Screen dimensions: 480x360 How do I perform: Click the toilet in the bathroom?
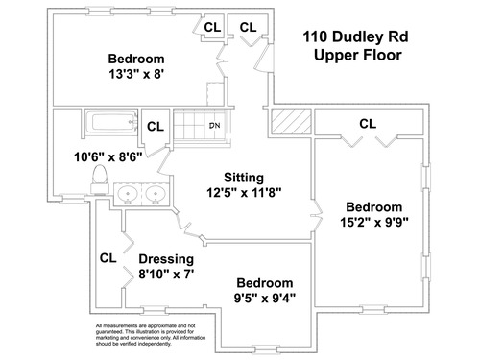[99, 180]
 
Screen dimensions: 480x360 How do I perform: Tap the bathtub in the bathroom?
[111, 122]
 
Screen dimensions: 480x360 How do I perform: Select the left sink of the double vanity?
[128, 194]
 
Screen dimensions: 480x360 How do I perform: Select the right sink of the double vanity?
[156, 194]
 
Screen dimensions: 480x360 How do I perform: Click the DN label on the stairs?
[215, 126]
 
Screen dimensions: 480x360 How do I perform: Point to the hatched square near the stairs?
[291, 122]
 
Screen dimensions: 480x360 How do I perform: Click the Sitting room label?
[244, 178]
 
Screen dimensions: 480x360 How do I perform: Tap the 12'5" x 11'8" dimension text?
[244, 193]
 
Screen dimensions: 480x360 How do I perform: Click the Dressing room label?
[166, 259]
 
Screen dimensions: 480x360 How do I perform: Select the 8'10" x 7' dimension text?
[166, 275]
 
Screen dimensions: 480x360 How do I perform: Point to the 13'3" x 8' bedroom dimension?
[136, 74]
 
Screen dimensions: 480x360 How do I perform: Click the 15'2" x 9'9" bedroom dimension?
[374, 222]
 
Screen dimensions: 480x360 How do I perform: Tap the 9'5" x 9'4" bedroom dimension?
[265, 299]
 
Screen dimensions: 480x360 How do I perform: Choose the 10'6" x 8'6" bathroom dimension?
[108, 157]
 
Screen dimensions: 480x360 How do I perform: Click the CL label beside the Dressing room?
[108, 258]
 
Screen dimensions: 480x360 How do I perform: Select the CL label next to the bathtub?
[156, 127]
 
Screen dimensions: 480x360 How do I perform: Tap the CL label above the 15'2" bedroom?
[368, 124]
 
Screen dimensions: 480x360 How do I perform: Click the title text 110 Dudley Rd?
[356, 36]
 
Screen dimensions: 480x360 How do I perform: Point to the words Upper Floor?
[358, 55]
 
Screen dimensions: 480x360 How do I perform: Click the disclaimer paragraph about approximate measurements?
[151, 335]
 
